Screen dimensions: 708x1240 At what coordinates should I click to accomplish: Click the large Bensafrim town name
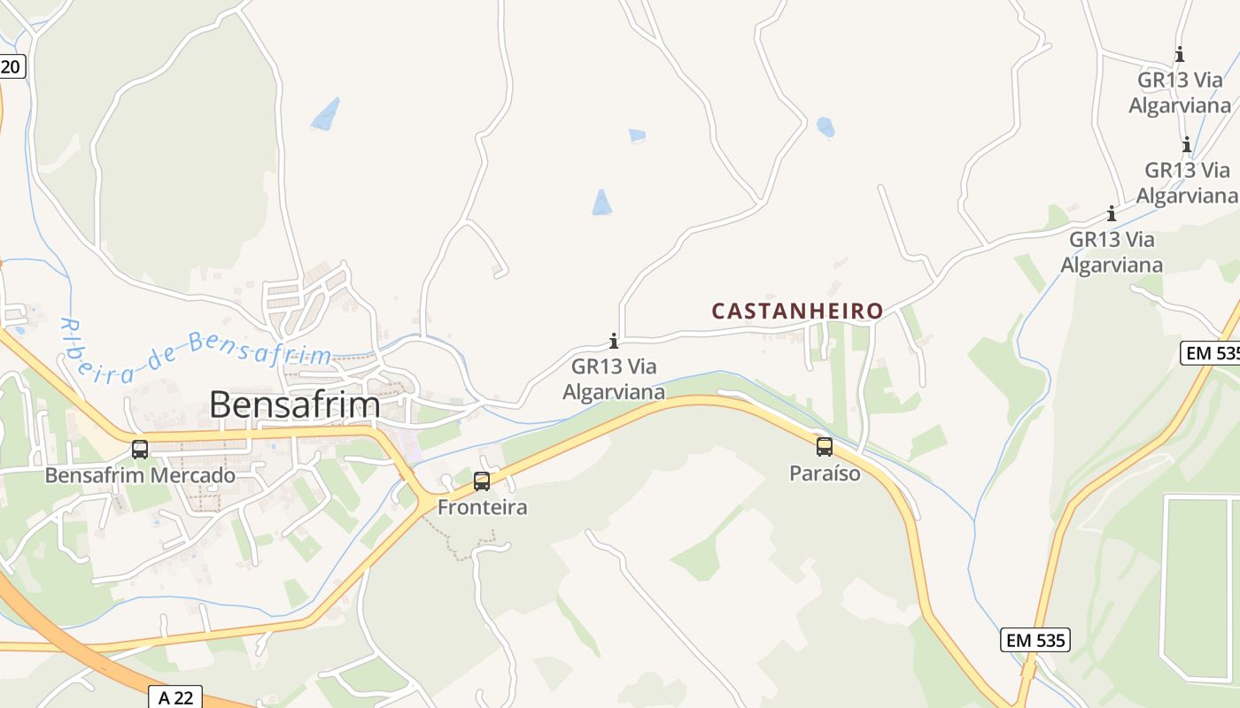pyautogui.click(x=294, y=404)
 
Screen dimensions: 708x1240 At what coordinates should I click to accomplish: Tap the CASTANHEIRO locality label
pyautogui.click(x=797, y=311)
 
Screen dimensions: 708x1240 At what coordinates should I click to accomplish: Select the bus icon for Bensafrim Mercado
pyautogui.click(x=140, y=449)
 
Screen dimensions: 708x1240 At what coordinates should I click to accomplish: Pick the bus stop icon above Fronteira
pyautogui.click(x=482, y=481)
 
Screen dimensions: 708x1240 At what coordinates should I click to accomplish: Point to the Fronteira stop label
pyautogui.click(x=482, y=507)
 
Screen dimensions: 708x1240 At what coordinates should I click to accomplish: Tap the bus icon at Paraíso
pyautogui.click(x=825, y=447)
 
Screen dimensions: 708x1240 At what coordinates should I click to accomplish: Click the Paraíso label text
pyautogui.click(x=825, y=473)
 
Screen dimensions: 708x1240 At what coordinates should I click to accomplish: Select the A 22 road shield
pyautogui.click(x=175, y=697)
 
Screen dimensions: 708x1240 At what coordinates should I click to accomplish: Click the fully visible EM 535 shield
pyautogui.click(x=1035, y=640)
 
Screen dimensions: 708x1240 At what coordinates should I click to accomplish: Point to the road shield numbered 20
pyautogui.click(x=10, y=65)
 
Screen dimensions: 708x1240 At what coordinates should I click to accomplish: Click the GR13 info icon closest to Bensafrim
pyautogui.click(x=613, y=341)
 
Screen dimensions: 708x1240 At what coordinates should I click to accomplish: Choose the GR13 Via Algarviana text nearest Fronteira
pyautogui.click(x=613, y=378)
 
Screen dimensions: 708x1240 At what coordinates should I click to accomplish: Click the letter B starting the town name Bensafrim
pyautogui.click(x=221, y=404)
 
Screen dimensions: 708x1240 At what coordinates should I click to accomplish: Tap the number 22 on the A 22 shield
pyautogui.click(x=182, y=697)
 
